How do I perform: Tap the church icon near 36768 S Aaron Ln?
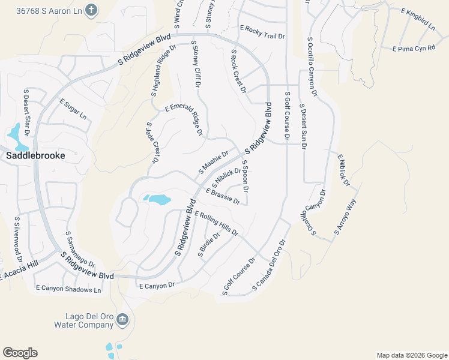[91, 10]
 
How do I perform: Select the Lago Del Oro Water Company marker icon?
[122, 319]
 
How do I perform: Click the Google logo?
[20, 353]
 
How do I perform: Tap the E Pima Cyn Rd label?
[414, 47]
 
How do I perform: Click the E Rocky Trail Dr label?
[262, 32]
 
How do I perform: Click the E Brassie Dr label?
[223, 196]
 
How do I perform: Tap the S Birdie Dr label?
[209, 244]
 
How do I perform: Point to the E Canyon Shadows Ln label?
[68, 290]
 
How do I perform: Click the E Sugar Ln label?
[73, 108]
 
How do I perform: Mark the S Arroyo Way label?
[346, 215]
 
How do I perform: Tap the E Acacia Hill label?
[18, 272]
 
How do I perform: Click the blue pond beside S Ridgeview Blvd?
[157, 199]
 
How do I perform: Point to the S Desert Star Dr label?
[26, 117]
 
